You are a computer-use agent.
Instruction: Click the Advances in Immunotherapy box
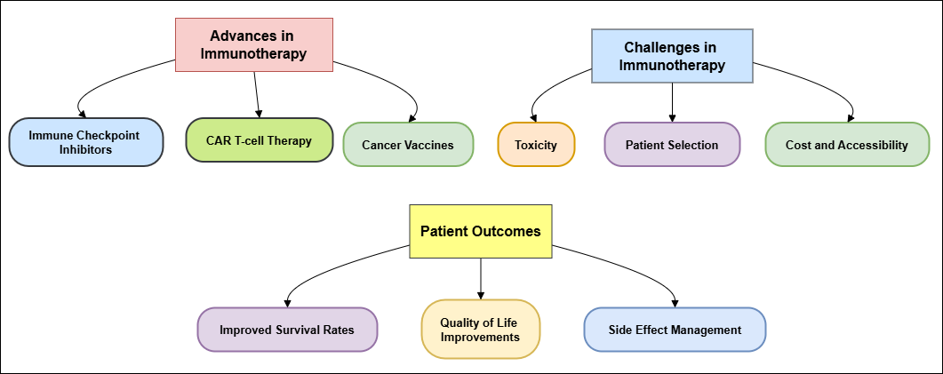[x=254, y=45]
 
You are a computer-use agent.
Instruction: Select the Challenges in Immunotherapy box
[x=672, y=56]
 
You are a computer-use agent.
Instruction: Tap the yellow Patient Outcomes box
[x=481, y=232]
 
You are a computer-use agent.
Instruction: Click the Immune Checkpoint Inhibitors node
[x=85, y=142]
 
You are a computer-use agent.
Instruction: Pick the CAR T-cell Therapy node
[x=260, y=140]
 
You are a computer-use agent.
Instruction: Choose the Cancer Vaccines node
[x=408, y=144]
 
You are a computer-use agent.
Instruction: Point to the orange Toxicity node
[x=536, y=144]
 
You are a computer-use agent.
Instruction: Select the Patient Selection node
[x=672, y=144]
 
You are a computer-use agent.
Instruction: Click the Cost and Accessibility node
[x=847, y=144]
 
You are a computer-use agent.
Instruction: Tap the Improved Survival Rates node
[x=287, y=330]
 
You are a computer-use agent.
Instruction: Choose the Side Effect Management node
[x=675, y=330]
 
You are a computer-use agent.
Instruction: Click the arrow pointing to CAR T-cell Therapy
[x=257, y=94]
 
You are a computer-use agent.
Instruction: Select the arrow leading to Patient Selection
[x=673, y=102]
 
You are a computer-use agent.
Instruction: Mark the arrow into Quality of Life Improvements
[x=481, y=279]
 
